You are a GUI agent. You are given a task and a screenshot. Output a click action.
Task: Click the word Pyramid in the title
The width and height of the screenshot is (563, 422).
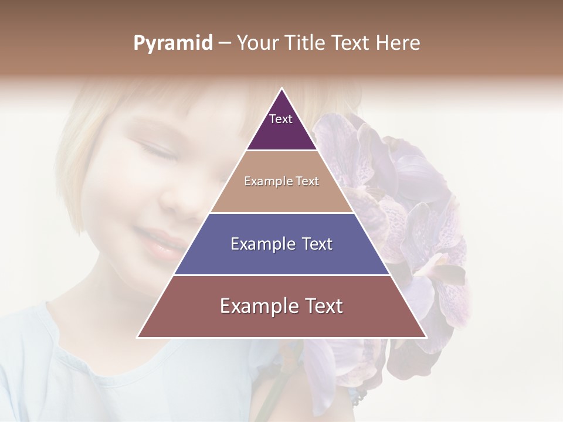tap(173, 43)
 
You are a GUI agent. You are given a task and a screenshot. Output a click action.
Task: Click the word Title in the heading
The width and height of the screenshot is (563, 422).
tap(304, 43)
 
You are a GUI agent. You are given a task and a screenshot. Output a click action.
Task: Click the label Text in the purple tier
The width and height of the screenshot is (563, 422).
tap(281, 119)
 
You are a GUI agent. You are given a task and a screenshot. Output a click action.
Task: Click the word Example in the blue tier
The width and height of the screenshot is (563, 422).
tap(261, 244)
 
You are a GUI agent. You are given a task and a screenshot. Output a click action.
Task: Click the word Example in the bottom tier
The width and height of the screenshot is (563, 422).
tap(256, 306)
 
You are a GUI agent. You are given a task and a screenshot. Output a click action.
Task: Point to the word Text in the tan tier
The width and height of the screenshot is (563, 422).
tap(307, 182)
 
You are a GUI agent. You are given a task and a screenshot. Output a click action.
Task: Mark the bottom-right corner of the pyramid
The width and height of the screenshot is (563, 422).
tap(426, 337)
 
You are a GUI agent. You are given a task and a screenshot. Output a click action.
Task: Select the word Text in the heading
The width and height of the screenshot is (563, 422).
tap(351, 43)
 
